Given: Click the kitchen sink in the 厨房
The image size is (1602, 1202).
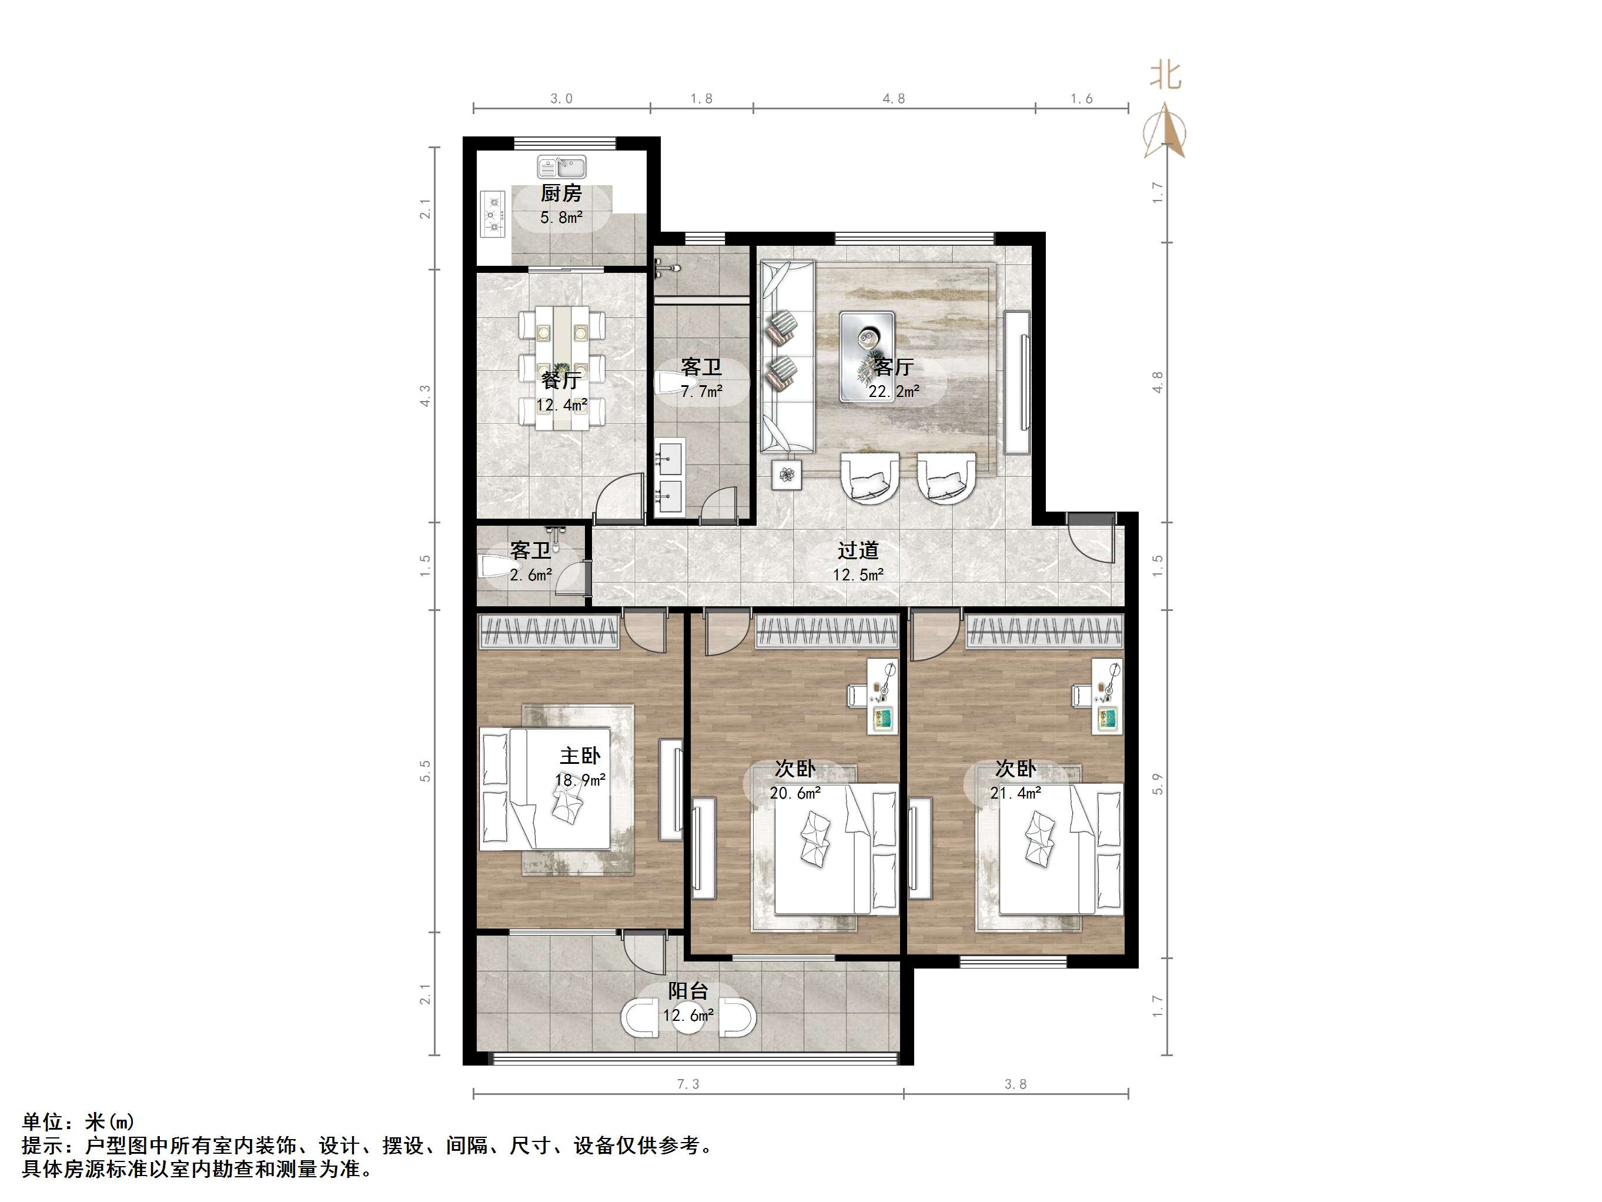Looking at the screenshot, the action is tap(561, 168).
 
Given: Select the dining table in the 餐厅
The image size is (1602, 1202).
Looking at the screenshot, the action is tap(561, 368).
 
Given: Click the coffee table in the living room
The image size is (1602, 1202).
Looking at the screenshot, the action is tap(867, 356).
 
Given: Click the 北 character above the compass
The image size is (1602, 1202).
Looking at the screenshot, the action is tap(1165, 75).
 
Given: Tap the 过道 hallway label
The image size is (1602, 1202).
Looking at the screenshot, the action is tap(858, 550).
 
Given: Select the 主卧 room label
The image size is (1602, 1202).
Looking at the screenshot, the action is tap(580, 756).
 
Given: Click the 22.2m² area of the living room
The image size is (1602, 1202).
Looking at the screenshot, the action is tap(894, 391).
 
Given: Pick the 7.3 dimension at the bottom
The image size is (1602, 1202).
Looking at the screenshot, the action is tap(688, 1084).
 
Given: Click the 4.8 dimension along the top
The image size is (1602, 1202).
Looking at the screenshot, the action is tap(894, 99).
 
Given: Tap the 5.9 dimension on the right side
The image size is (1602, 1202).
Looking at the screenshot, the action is tap(1158, 784).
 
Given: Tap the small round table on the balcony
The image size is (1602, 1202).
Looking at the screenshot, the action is tap(688, 1017).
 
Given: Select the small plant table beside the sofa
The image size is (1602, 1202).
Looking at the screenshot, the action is tap(787, 475).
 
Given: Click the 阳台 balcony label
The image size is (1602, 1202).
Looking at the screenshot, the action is tap(688, 991).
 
